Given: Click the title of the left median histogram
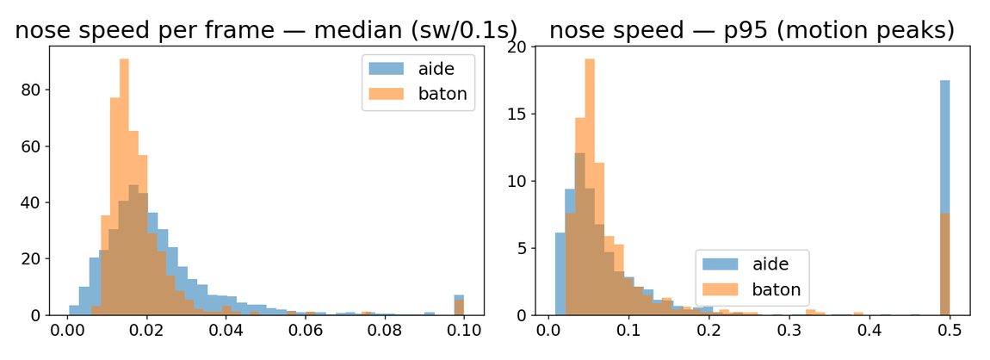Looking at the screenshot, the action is pos(266,29).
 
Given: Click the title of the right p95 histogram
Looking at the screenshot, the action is pos(752,29).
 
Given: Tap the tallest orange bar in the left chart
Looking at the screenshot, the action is pos(124,187).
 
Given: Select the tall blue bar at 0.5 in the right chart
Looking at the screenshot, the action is pos(944,197).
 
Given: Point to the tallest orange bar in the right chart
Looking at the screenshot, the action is pos(590,187).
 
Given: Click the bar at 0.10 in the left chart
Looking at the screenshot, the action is pos(459,305).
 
